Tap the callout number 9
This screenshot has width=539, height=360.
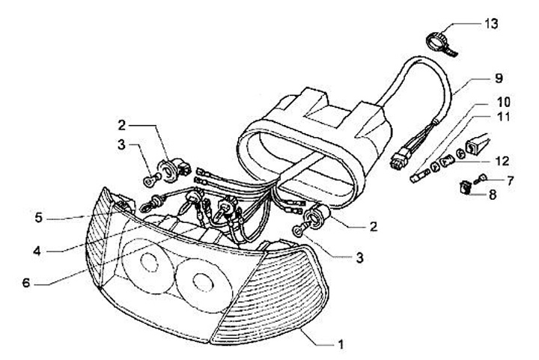click(499, 77)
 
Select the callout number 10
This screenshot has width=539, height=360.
click(499, 101)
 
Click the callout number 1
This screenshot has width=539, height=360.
click(341, 345)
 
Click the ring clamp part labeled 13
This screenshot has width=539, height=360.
click(439, 38)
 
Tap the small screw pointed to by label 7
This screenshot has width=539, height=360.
click(482, 180)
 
